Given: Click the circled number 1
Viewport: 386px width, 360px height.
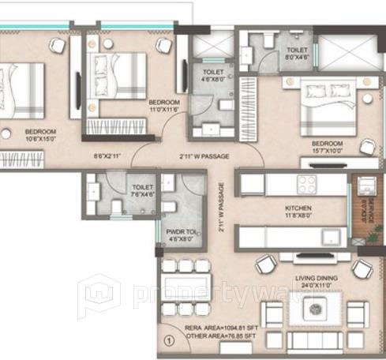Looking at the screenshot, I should [167, 342].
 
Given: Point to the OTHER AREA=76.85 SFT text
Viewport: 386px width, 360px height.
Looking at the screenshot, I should [223, 337].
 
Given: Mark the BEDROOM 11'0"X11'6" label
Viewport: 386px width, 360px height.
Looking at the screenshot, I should [164, 107].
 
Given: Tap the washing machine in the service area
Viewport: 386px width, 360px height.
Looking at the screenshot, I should [365, 186].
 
